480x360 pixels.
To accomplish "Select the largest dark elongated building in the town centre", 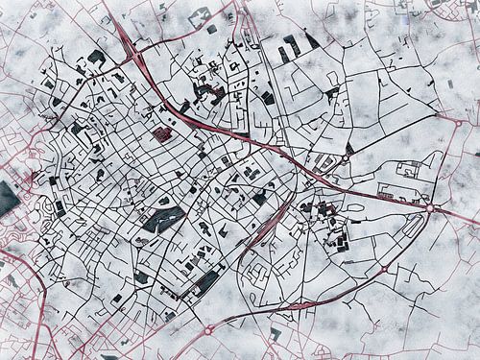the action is [x=163, y=219].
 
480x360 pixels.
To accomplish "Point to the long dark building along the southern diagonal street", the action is [x=206, y=281].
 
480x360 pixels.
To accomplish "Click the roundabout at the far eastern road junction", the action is [x=432, y=207].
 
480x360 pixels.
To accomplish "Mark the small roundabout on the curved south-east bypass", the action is [x=384, y=270].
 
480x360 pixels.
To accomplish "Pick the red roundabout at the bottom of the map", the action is [x=208, y=329].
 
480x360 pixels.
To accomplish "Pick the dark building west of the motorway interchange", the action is [x=96, y=58].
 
